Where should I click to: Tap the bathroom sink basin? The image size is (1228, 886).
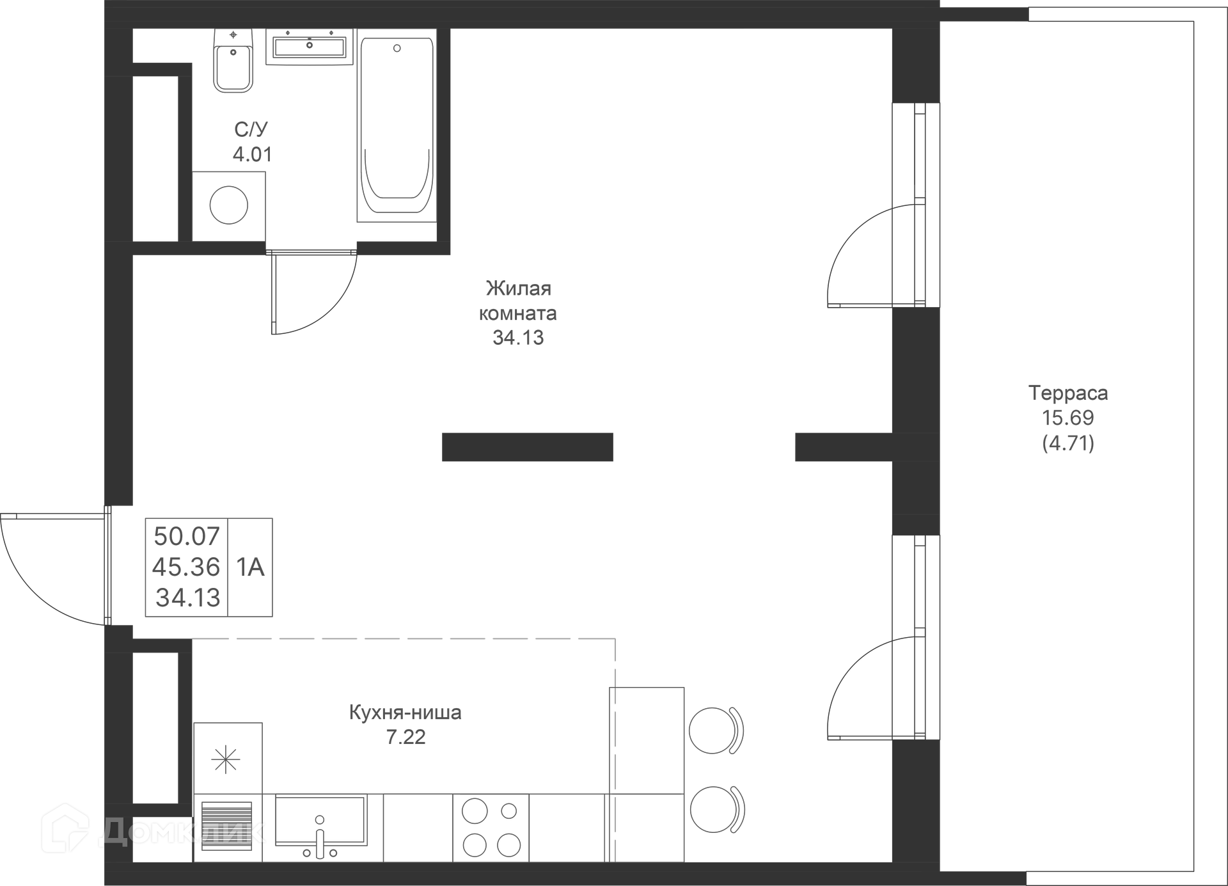[x=310, y=47]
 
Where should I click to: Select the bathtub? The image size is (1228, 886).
[x=397, y=128]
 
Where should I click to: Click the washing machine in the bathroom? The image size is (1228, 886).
[x=228, y=206]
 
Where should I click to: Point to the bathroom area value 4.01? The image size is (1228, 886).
[x=252, y=154]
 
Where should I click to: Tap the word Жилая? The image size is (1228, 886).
[x=518, y=289]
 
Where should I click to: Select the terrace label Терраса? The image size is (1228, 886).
[x=1067, y=393]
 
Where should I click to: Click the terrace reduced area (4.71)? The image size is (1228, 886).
[x=1067, y=443]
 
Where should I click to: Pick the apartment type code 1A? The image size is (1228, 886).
[x=250, y=567]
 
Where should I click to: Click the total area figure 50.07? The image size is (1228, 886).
[x=186, y=536]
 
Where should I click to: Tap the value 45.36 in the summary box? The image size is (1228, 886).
[x=186, y=567]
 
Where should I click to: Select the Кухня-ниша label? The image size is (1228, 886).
[x=405, y=712]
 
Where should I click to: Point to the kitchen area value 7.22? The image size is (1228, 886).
[x=405, y=737]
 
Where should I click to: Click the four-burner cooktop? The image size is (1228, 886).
[x=491, y=828]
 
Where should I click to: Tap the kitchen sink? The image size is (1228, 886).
[x=320, y=821]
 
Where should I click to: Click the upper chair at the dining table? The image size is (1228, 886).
[x=716, y=731]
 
